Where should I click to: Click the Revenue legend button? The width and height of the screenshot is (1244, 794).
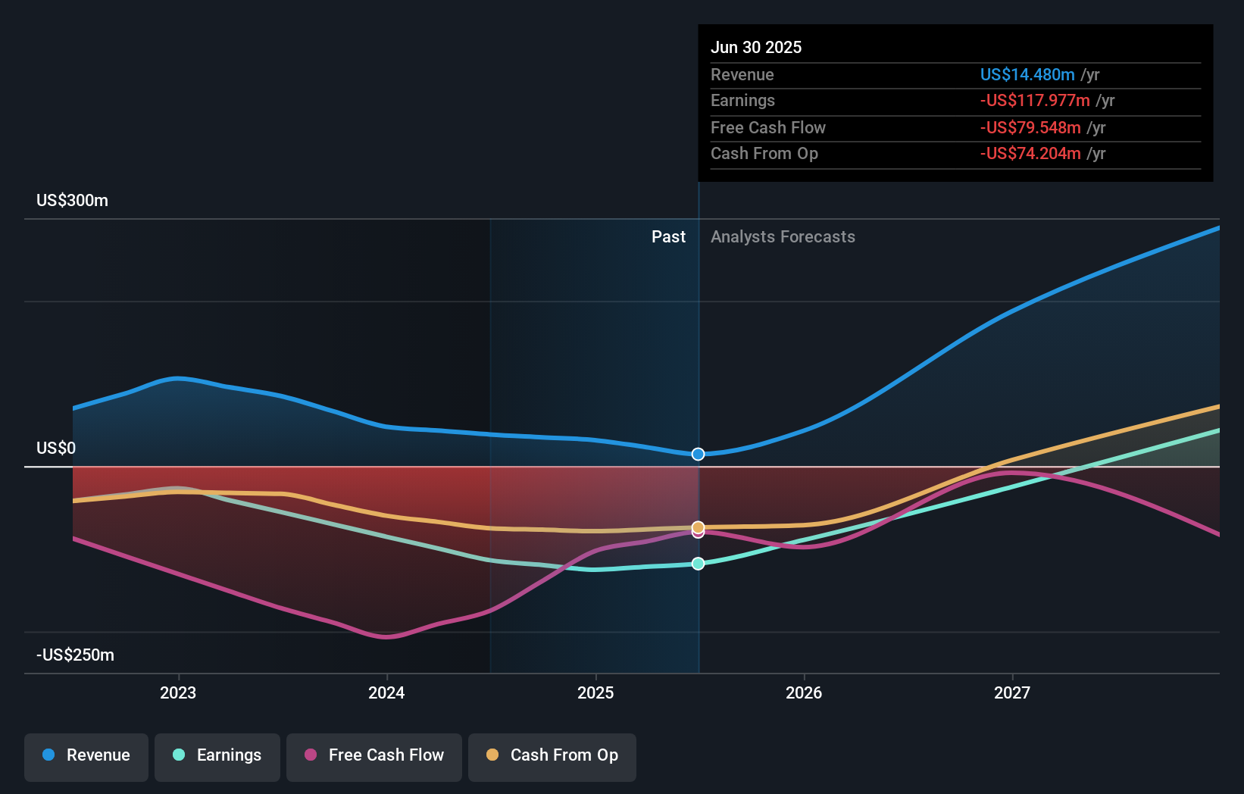tap(86, 755)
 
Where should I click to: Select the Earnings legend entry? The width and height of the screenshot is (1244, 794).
tap(217, 755)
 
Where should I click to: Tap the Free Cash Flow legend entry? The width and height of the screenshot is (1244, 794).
tap(374, 755)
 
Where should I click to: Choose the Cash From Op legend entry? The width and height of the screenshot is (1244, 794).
tap(552, 755)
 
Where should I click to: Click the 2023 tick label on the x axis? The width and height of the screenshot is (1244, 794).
tap(178, 692)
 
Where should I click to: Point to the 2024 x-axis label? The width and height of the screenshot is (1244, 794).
tap(386, 692)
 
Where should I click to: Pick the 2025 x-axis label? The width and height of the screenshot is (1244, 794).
tap(595, 692)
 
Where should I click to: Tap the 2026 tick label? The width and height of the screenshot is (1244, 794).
tap(804, 692)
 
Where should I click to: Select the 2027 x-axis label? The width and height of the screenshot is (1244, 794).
tap(1012, 692)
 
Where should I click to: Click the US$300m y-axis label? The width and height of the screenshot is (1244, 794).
tap(72, 201)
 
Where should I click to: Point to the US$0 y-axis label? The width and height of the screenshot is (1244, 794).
tap(56, 449)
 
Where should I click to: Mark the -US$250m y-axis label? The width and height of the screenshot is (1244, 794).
tap(75, 655)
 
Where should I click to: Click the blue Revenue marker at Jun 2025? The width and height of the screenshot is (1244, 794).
tap(699, 454)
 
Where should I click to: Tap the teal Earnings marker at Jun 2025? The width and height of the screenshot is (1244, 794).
tap(699, 564)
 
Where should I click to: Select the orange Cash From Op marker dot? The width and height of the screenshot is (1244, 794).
tap(699, 527)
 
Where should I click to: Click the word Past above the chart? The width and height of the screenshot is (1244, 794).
tap(668, 237)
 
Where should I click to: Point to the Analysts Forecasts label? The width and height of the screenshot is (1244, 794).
tap(783, 237)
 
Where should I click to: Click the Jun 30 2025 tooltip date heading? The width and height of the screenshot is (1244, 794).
tap(756, 47)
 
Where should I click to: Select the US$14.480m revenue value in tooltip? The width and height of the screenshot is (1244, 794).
tap(1027, 74)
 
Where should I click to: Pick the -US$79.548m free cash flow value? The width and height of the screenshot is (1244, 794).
tap(1030, 127)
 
